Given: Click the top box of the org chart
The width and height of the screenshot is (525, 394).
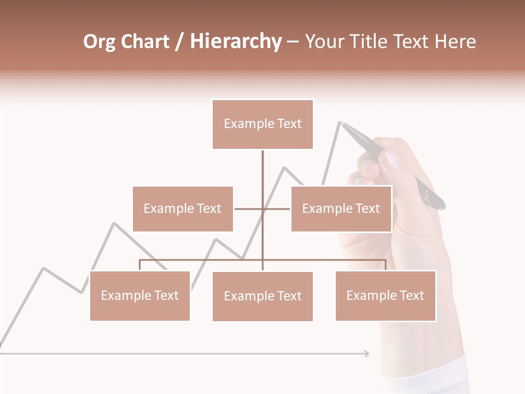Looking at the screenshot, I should pos(262,124).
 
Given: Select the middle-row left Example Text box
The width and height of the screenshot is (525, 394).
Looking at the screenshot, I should pos(183,208).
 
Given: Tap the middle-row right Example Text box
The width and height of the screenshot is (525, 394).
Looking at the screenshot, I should pos(341,208).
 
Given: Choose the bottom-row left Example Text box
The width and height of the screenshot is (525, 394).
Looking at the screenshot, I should pos(139,296).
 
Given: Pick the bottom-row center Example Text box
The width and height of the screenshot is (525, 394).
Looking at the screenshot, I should pos(262,296).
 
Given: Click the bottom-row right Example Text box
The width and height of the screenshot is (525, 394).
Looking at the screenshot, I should pos(385,296).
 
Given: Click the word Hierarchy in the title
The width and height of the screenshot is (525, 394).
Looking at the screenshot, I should pos(236,42).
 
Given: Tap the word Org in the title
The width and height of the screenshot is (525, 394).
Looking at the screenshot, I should pos(99,42).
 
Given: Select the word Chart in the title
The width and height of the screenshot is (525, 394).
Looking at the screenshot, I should pos(144,42).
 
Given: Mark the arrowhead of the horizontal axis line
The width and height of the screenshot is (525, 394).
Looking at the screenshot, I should pos(366,354).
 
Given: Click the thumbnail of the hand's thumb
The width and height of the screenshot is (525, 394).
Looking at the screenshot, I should pos(390,161).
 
